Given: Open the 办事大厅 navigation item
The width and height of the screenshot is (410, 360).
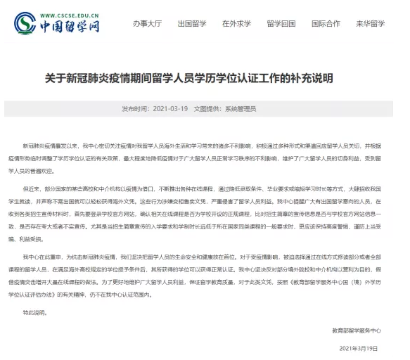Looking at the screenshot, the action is tap(148, 23).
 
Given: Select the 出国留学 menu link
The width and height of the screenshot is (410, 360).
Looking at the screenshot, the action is tap(192, 23).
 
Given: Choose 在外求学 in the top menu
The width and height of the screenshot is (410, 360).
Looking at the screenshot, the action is tap(236, 23).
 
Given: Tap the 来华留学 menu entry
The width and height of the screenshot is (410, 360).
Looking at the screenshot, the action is tap(370, 23).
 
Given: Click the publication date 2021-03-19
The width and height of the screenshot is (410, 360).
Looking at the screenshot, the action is tap(169, 109).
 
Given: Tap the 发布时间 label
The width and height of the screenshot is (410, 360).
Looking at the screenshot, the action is tap(135, 109).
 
